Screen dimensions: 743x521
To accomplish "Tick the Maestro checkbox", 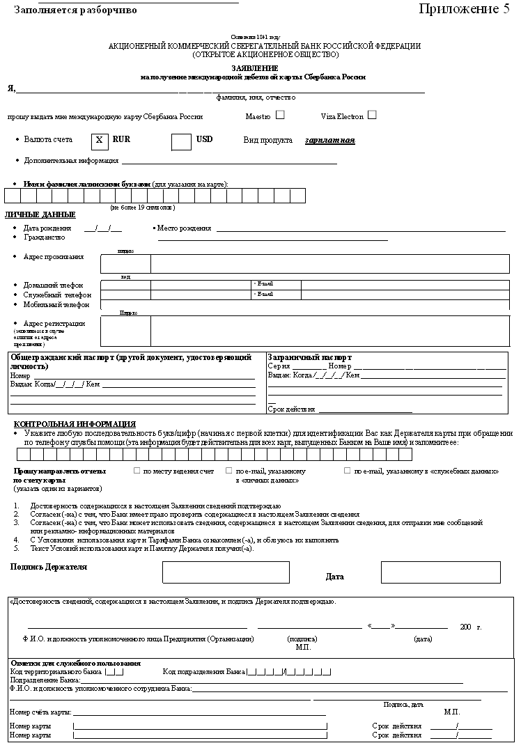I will pyautogui.click(x=280, y=115).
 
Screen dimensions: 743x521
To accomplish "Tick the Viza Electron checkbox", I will pyautogui.click(x=372, y=115).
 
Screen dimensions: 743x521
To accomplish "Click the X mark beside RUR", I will pyautogui.click(x=99, y=140).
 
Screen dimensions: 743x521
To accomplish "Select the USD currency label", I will pyautogui.click(x=204, y=139).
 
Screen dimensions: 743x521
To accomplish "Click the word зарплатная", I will pyautogui.click(x=329, y=141).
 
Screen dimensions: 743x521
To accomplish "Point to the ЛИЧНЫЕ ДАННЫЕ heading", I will pyautogui.click(x=40, y=214).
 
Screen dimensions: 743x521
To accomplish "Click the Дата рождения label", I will pyautogui.click(x=47, y=228).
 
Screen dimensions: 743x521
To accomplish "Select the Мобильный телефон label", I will pyautogui.click(x=56, y=305).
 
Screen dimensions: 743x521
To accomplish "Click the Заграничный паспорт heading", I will pyautogui.click(x=309, y=358).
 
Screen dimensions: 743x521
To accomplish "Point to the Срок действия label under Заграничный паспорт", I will pyautogui.click(x=291, y=409).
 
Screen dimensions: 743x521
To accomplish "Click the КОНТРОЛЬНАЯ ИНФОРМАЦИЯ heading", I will pyautogui.click(x=75, y=424).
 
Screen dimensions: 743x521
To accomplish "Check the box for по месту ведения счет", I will pyautogui.click(x=137, y=471).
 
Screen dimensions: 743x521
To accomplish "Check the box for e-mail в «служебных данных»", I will pyautogui.click(x=348, y=471).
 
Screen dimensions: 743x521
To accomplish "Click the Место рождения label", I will pyautogui.click(x=184, y=228).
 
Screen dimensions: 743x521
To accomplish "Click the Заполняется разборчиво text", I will pyautogui.click(x=75, y=10).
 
